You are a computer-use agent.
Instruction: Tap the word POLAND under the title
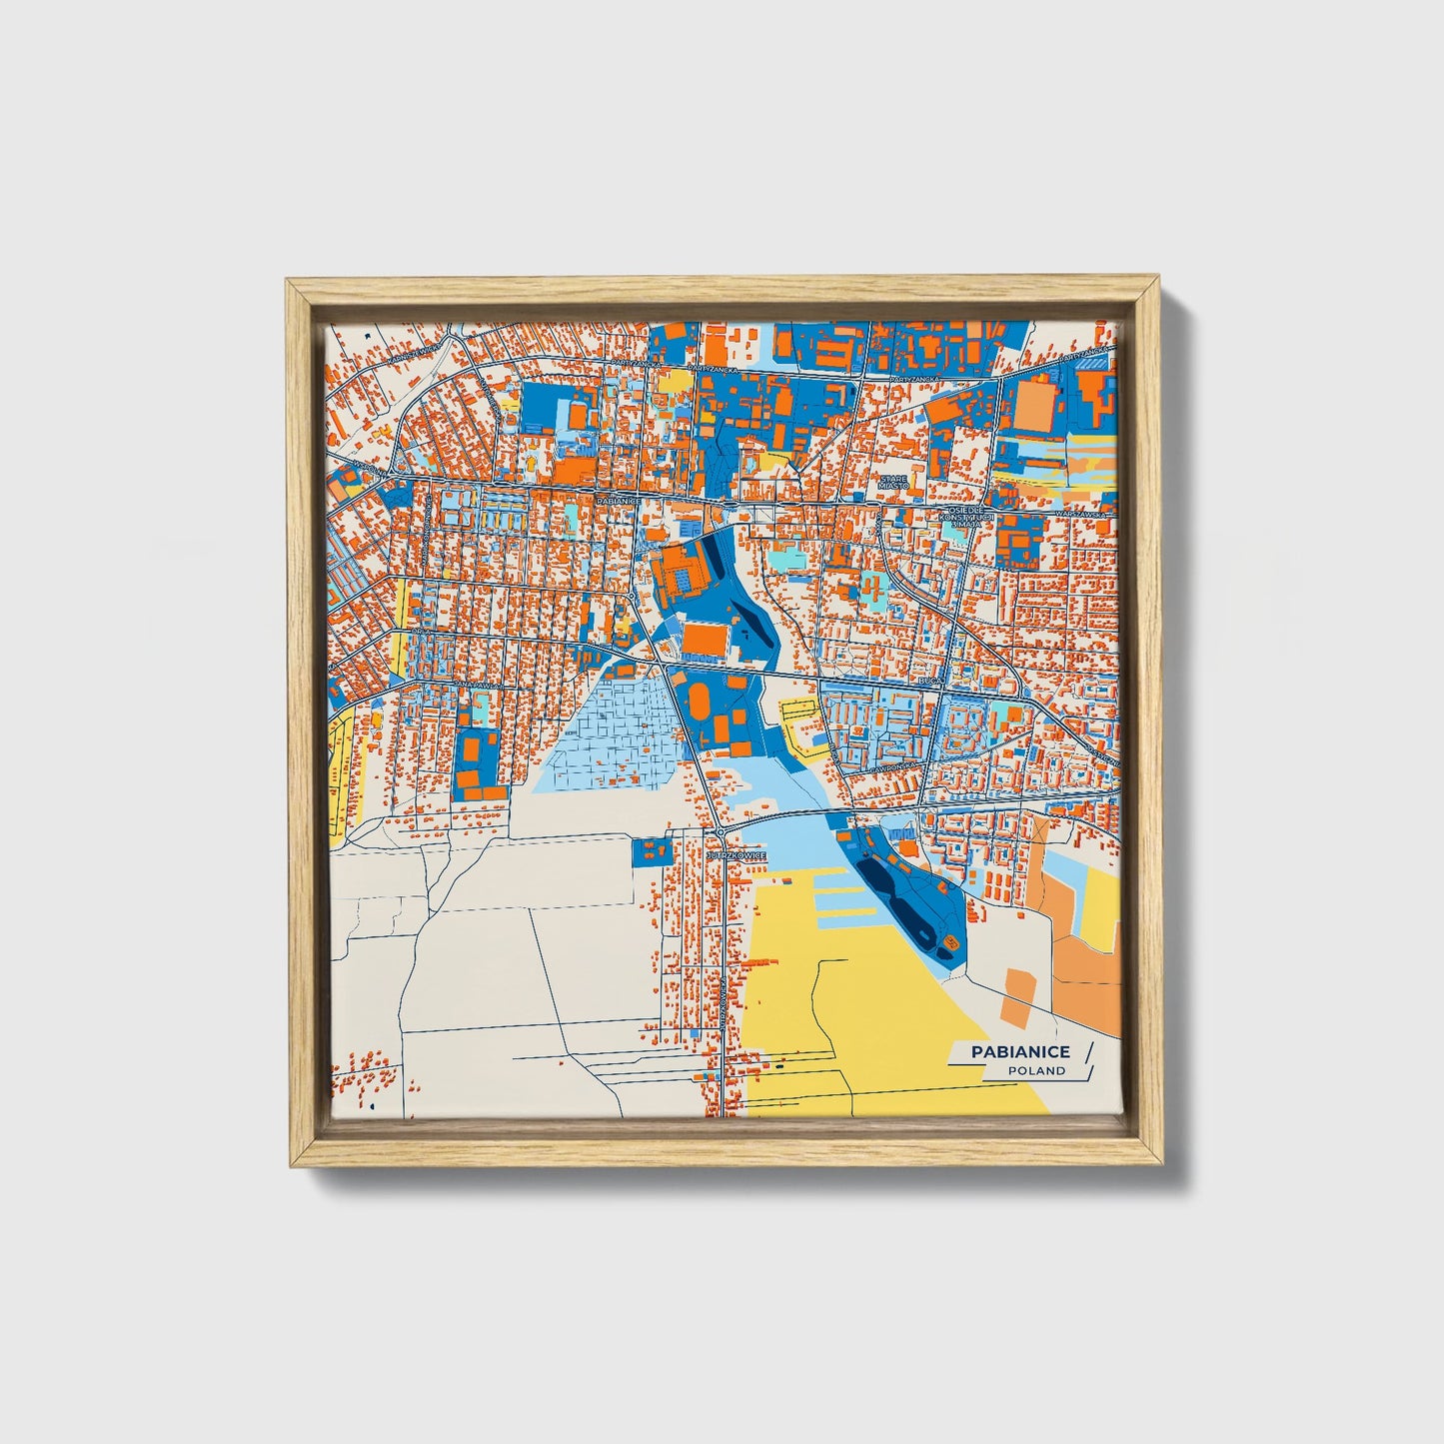[1036, 1071]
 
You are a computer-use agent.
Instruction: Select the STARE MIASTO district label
[893, 485]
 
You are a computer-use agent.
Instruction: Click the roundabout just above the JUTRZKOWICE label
[720, 831]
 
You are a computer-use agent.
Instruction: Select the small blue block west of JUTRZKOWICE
[651, 852]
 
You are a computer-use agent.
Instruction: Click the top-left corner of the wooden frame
[289, 282]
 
